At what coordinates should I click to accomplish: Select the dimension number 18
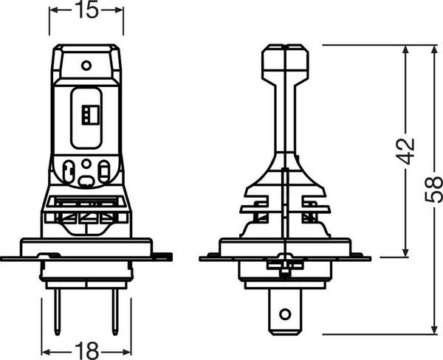pos(86,350)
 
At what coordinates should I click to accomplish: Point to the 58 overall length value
pos(430,189)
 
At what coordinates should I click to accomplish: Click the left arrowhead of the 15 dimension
pos(53,10)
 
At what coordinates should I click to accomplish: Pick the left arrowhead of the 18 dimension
pos(43,350)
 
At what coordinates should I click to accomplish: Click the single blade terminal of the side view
pos(285,310)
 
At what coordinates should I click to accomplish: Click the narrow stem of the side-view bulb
pos(285,111)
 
